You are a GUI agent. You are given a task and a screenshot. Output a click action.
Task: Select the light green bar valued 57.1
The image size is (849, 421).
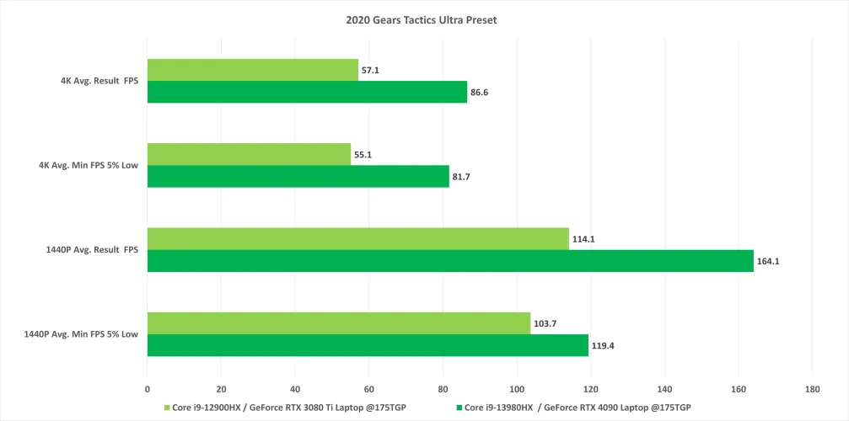point(253,70)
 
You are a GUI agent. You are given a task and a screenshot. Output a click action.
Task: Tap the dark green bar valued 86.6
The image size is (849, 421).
point(307,92)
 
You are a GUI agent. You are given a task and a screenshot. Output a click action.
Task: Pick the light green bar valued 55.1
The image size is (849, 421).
point(249,154)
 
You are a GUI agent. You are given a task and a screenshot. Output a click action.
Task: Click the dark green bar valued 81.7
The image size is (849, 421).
point(298,176)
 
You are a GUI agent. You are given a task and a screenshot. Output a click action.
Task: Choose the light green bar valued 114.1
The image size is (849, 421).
point(357,238)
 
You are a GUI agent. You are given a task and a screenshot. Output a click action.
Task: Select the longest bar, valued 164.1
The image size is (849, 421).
point(450,261)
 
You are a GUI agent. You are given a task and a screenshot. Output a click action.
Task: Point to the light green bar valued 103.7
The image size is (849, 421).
point(339,323)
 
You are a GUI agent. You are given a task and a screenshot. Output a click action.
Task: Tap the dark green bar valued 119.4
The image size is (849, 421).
point(368,345)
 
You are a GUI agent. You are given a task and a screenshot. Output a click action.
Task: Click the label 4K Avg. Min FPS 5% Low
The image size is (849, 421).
point(88,166)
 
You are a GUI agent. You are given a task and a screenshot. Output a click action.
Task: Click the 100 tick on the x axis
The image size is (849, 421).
point(517,389)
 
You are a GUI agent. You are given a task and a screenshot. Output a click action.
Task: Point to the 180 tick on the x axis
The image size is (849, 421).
point(812,389)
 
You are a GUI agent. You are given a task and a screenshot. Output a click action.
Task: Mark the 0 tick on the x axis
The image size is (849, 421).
point(148,389)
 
